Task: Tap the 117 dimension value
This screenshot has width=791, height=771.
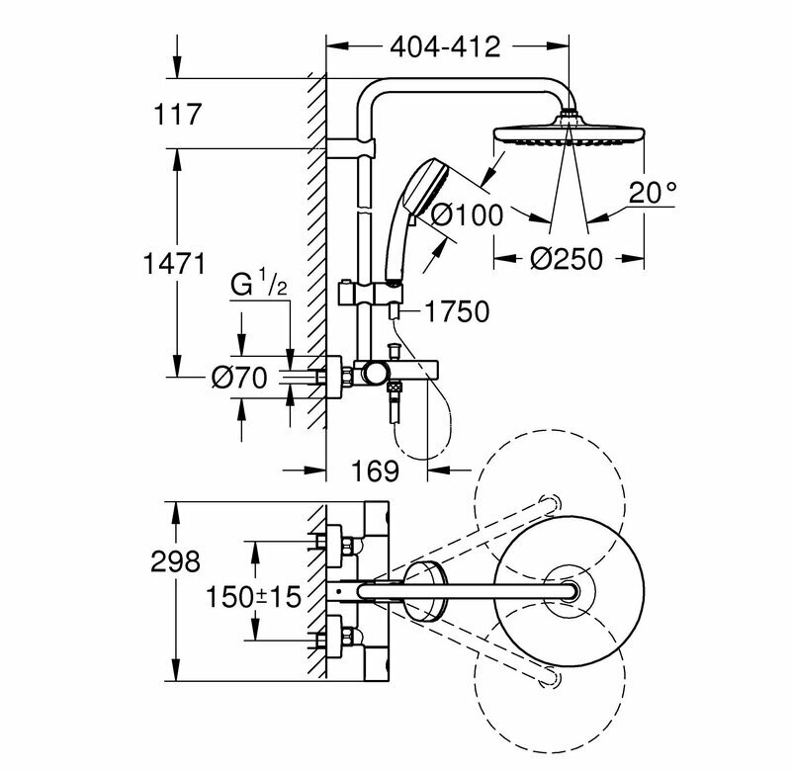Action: pos(179,115)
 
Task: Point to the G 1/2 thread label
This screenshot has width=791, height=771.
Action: pos(259,288)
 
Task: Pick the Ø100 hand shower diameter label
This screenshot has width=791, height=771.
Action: pos(467,213)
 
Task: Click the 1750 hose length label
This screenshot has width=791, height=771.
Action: pos(457,312)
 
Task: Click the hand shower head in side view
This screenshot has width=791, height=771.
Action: pos(415,193)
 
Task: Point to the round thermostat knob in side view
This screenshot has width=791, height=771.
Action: pos(375,373)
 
